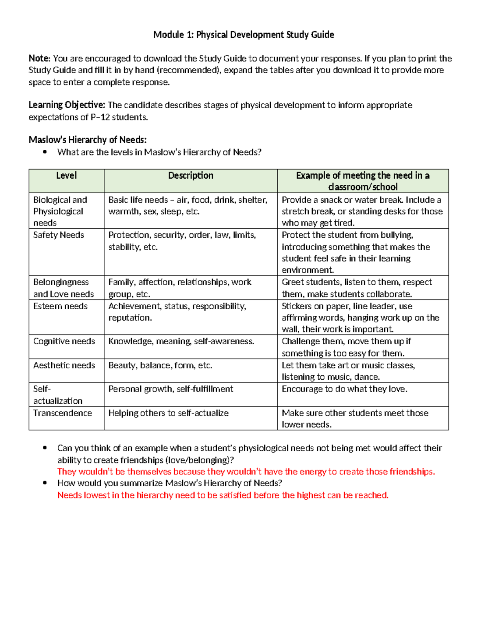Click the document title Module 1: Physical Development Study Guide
coord(244,35)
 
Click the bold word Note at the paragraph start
coord(39,59)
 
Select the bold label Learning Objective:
coord(67,105)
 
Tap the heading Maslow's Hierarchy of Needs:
coord(87,140)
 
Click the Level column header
coord(66,176)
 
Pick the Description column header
coord(191,176)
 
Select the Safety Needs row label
coord(59,235)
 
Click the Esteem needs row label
coord(60,306)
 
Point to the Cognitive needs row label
coord(64,341)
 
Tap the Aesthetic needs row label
coord(64,365)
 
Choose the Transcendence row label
coord(63,413)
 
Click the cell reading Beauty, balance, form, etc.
coord(160,365)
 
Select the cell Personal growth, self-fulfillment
coord(171,389)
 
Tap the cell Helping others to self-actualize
coord(168,413)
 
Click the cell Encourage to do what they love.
coord(344,389)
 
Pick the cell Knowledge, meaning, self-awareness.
coord(181,341)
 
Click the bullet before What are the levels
coord(45,152)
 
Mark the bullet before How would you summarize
coord(45,483)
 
